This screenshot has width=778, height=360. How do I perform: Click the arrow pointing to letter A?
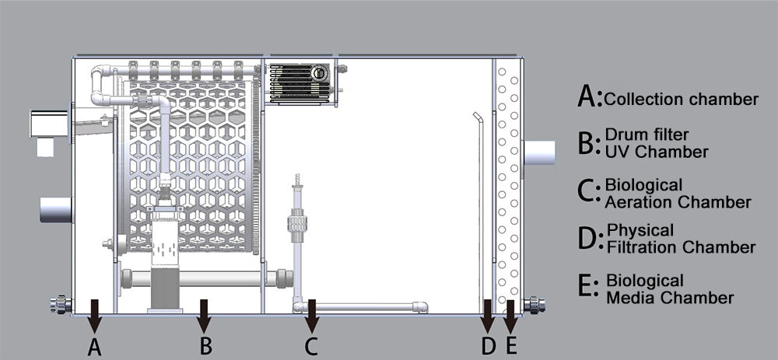(x=94, y=316)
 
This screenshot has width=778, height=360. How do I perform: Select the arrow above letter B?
(x=204, y=316)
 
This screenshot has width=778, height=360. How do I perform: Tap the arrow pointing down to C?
(x=312, y=316)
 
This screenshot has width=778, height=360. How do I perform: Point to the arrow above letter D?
(x=488, y=316)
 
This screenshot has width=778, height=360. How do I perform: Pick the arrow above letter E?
(x=510, y=316)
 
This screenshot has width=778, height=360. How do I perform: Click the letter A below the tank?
(x=94, y=346)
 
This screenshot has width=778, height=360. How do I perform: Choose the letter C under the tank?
(x=311, y=346)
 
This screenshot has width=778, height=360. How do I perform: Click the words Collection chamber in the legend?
(x=682, y=100)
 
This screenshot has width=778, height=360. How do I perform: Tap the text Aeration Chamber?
(x=678, y=202)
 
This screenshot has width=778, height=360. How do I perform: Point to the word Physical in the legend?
(x=640, y=231)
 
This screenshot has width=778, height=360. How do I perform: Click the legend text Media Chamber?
(x=670, y=298)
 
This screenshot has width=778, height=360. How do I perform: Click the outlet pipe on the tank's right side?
(x=539, y=152)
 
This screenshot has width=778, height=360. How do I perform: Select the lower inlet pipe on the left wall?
(x=56, y=209)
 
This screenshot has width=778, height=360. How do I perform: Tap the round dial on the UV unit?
(x=319, y=73)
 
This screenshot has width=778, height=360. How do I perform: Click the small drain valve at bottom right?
(x=535, y=304)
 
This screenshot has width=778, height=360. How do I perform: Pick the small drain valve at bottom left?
(x=61, y=304)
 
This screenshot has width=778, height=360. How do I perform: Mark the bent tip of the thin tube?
(x=477, y=117)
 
